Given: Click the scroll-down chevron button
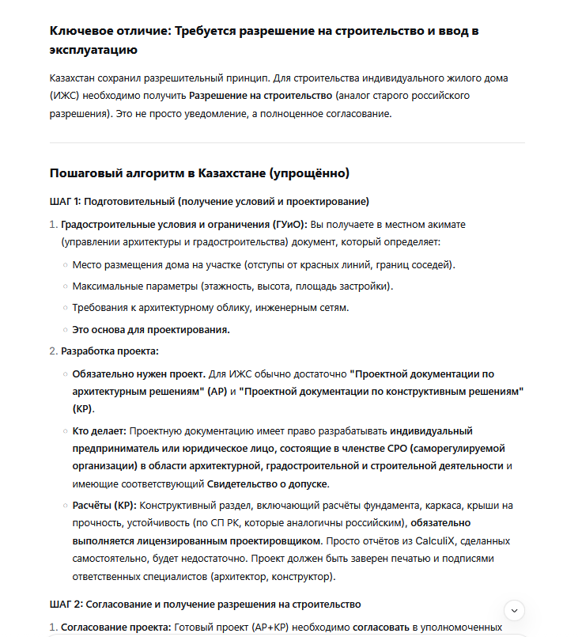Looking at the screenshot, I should tap(515, 610).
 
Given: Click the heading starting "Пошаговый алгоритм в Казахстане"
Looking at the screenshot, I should tap(199, 173).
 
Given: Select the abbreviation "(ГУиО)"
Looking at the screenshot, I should tap(289, 224).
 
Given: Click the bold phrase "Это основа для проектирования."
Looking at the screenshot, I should tap(151, 329).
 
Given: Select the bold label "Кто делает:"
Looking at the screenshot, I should tap(99, 431).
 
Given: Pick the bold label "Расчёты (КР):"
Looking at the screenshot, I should tap(104, 505).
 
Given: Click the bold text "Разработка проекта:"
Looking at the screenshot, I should tap(109, 351).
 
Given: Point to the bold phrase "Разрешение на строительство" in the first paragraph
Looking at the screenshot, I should tap(260, 96).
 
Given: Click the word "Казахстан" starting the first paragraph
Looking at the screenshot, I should tap(74, 78).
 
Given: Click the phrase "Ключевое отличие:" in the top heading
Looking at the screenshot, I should tap(110, 32).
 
